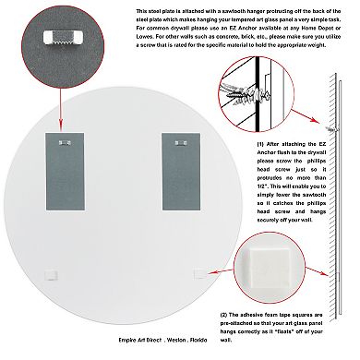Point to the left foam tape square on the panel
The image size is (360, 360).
pos(52,274)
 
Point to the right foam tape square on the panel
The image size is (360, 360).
pos(198,273)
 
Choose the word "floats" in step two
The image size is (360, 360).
pos(290,331)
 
